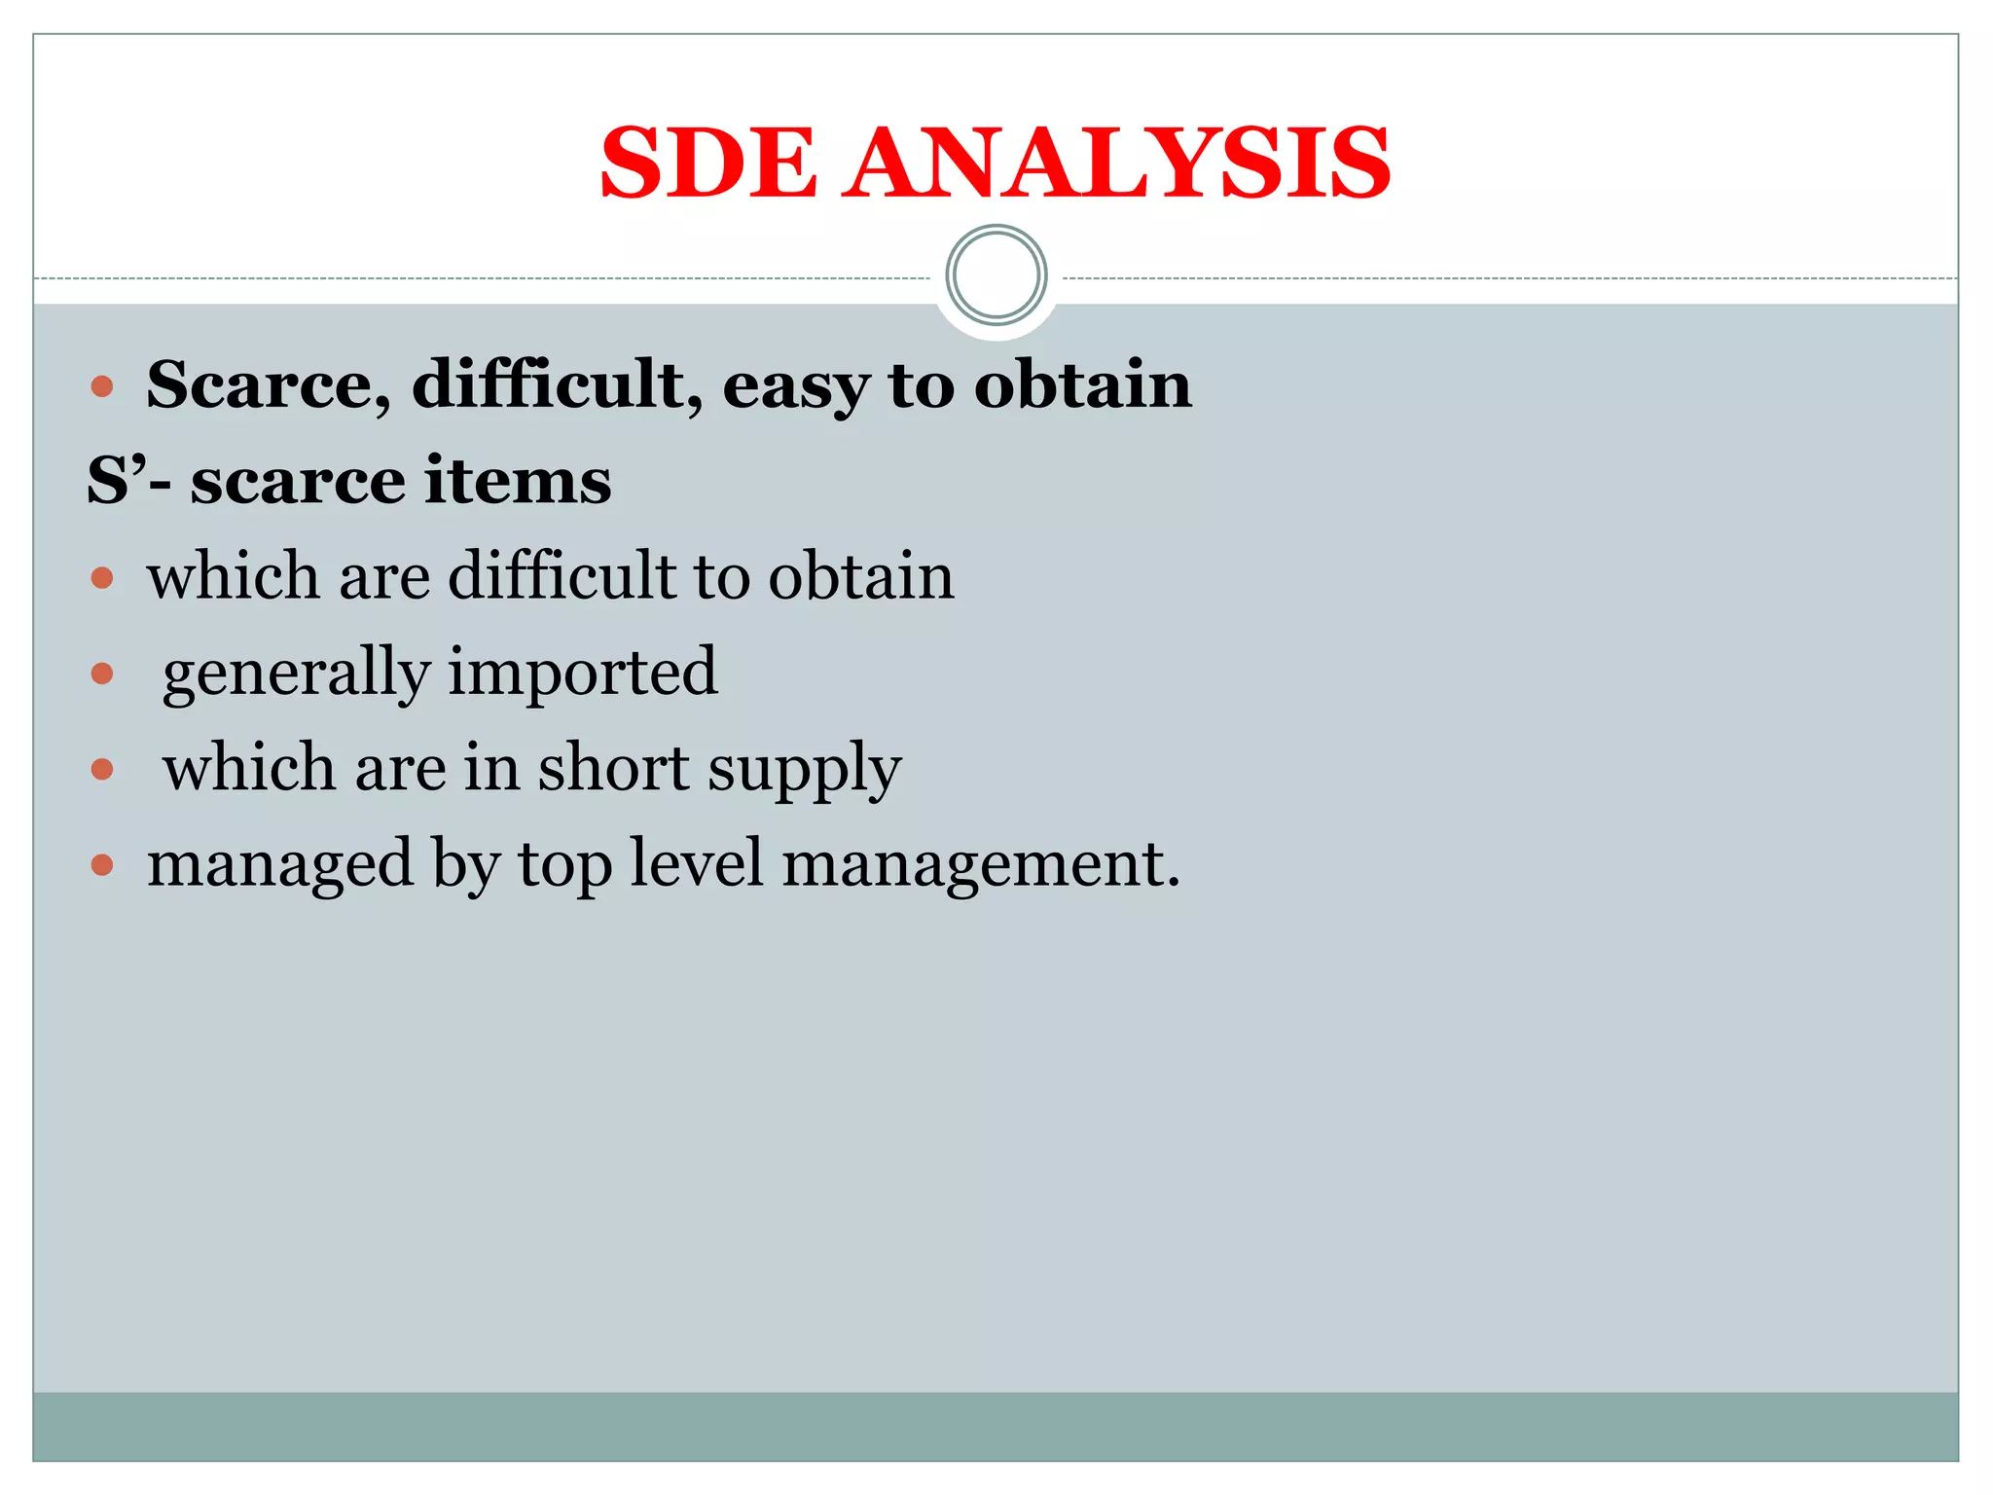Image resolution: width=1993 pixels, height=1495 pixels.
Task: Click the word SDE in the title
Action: [x=708, y=163]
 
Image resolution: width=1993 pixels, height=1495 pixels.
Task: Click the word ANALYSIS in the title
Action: [x=1117, y=163]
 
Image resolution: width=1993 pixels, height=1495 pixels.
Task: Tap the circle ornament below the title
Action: [x=996, y=275]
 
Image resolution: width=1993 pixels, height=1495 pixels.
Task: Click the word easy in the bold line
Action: [x=795, y=386]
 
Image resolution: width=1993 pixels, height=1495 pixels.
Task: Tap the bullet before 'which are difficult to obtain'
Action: [x=102, y=579]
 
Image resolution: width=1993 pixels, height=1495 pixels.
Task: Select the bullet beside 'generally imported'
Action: [x=102, y=674]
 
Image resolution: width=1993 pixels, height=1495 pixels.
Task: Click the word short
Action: [x=614, y=768]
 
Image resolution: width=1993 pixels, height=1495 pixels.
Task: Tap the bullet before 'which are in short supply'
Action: [x=102, y=770]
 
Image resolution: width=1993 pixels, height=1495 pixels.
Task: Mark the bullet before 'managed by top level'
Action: [x=102, y=864]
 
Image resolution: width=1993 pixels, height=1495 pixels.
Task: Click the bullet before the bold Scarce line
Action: [x=102, y=387]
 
